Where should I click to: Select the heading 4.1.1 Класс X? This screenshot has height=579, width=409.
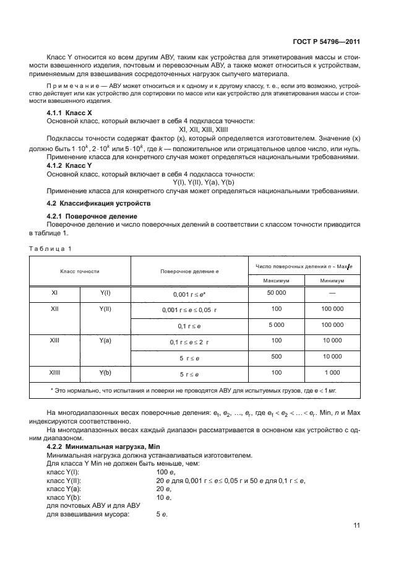[69, 114]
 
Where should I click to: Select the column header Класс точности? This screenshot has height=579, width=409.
[79, 271]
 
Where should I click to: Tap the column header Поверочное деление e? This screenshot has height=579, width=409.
[189, 271]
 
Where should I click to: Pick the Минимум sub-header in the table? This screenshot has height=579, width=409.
[332, 280]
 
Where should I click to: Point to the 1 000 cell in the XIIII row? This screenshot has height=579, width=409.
[332, 373]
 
